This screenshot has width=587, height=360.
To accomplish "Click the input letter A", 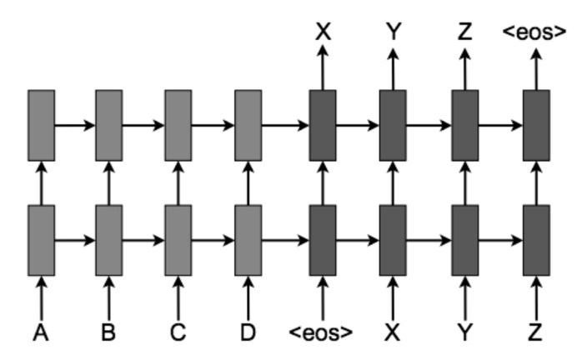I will point(42,333).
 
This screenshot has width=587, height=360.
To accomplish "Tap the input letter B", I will point(108,333).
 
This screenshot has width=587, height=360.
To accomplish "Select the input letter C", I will point(178,333).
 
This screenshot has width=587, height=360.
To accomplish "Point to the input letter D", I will point(248,333).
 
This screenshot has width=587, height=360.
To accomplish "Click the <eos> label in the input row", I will point(322,333).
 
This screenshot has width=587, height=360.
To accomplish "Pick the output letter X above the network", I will point(323,32).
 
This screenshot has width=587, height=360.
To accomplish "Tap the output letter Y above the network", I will point(393,32).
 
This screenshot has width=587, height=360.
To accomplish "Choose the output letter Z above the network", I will point(464,32).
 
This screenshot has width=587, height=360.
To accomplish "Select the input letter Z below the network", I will point(536,333).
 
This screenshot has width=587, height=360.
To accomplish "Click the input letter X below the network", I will point(393,333).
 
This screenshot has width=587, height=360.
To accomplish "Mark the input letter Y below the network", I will point(464,333).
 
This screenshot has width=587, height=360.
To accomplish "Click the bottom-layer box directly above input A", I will point(42,240).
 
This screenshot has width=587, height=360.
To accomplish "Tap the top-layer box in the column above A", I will point(42,125).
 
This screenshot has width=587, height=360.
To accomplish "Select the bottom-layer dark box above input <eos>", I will point(323,240).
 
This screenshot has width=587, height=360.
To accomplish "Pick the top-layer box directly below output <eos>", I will point(536,125).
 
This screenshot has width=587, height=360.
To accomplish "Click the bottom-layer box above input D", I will point(248,240).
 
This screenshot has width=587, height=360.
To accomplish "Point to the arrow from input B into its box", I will point(108,296).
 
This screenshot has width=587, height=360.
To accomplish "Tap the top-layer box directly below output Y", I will point(393,125).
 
